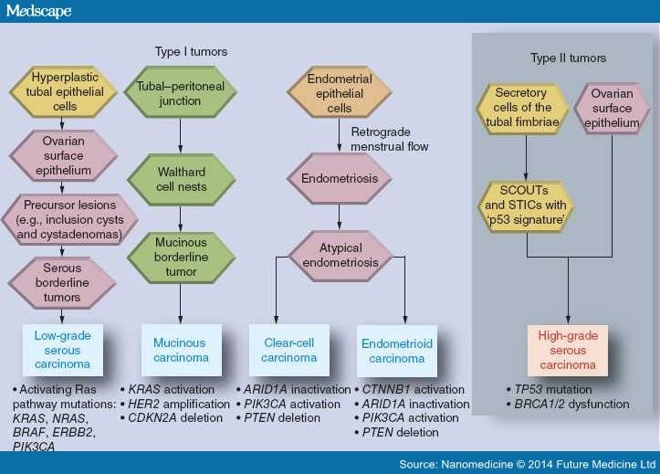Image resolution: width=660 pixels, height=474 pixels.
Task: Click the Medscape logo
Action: pos(38,11)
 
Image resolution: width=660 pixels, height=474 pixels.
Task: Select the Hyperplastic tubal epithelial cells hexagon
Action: pos(64,91)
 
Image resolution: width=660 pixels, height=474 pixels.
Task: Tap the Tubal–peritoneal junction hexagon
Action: pos(180,92)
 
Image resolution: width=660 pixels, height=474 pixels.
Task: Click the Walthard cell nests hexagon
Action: pos(181,179)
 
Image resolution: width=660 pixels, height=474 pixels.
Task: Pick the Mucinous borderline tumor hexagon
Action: pos(181,258)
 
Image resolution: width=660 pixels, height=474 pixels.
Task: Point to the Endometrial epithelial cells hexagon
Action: pos(340,92)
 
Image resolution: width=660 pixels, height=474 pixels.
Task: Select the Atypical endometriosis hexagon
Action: pos(340,256)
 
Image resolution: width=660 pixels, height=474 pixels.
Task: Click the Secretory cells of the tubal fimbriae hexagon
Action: pos(522,109)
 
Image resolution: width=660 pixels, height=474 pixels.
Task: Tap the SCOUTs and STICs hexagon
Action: pos(526,205)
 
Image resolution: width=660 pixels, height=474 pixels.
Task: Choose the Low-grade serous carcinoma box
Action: pos(63,350)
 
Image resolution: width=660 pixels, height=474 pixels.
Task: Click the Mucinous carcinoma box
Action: pos(182,350)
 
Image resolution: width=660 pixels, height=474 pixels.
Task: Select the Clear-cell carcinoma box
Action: pos(289,350)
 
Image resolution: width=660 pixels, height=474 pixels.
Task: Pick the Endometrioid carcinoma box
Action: pos(397,351)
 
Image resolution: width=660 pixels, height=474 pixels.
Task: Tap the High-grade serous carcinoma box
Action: pos(568,350)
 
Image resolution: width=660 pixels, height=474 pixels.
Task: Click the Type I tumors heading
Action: pos(191,52)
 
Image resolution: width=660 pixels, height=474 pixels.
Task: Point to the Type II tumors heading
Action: pos(568,58)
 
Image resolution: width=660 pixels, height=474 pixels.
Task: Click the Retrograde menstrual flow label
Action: pos(390,139)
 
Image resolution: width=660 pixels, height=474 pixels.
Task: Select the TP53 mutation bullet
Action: pos(549,389)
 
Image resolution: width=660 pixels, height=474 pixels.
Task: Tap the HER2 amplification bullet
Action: pos(175,404)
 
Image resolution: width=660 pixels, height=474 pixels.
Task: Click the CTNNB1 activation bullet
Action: pos(410,389)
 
